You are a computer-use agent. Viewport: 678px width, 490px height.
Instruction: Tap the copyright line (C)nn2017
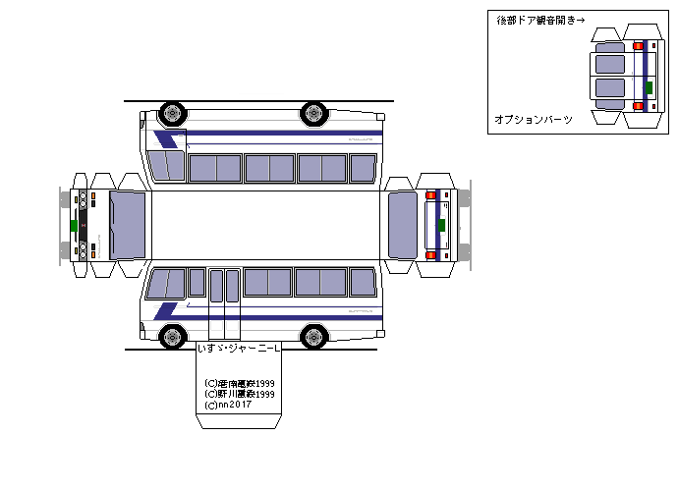(228, 405)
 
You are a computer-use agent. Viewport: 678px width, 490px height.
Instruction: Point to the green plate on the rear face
(441, 224)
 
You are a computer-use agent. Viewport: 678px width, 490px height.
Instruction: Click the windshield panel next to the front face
(128, 225)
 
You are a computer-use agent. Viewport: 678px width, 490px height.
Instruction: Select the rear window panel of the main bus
(403, 225)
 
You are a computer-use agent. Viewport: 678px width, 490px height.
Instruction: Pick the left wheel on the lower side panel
(172, 337)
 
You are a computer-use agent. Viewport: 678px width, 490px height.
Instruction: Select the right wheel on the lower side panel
(313, 337)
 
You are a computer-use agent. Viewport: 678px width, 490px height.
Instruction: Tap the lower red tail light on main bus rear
(429, 253)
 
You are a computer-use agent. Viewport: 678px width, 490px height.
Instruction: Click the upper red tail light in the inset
(638, 46)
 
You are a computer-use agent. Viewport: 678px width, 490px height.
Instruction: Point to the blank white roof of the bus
(265, 225)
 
